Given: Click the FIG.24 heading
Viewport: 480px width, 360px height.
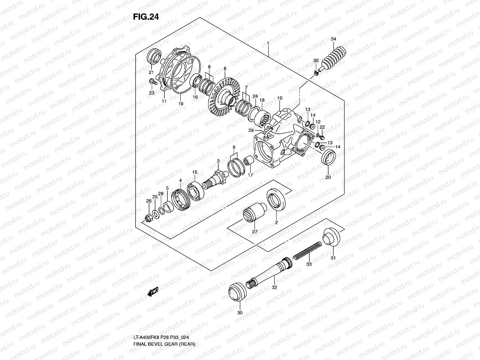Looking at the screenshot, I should [x=146, y=17].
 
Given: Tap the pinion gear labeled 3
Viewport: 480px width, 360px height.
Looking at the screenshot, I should [x=218, y=178].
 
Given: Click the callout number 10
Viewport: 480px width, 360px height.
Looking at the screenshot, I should [x=280, y=98].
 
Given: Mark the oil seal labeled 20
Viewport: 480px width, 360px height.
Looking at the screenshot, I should [x=328, y=157].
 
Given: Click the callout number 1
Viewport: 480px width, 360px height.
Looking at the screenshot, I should [x=268, y=43].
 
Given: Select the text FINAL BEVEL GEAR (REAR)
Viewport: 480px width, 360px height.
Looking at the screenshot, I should [x=164, y=352].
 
